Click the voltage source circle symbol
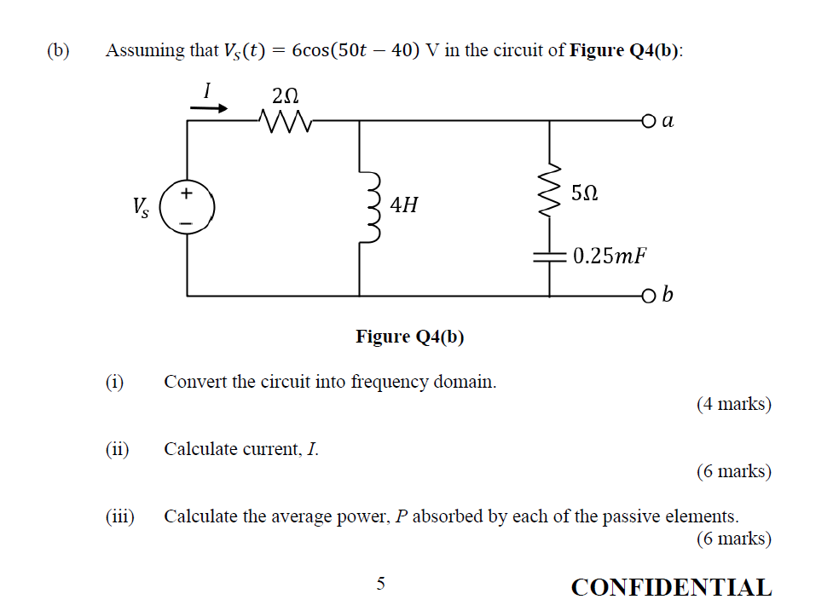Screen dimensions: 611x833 187,207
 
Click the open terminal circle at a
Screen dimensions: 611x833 650,121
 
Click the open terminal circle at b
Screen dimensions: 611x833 650,296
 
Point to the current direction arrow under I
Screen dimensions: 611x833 209,108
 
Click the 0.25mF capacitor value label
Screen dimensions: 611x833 609,256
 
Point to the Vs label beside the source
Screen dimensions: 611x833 141,207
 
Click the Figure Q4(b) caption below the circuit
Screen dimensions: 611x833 410,337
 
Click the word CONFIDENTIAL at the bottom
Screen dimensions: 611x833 671,587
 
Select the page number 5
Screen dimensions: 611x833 381,584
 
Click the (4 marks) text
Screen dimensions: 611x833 733,404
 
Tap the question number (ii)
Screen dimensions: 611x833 117,448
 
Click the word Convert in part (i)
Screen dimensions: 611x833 193,381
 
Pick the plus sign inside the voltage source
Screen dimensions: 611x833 187,193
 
